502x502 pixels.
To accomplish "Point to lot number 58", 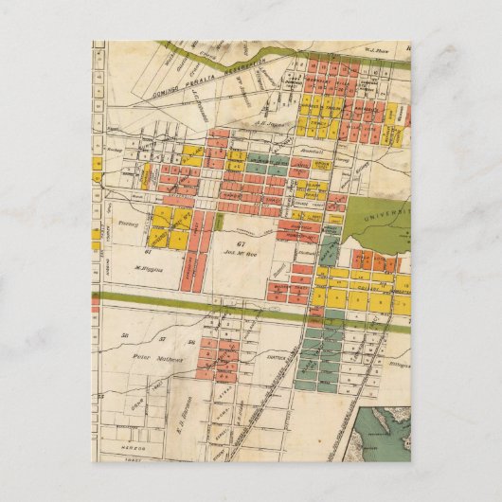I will point(124,336).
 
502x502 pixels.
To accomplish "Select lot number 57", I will point(162,339).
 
